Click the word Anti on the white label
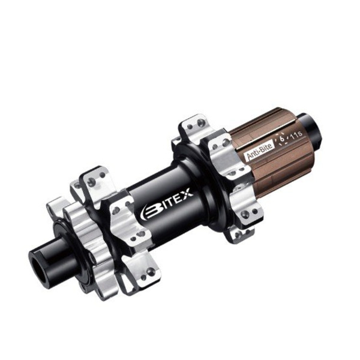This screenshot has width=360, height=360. tap(253, 155)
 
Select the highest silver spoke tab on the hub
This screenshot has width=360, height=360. tap(191, 126)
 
